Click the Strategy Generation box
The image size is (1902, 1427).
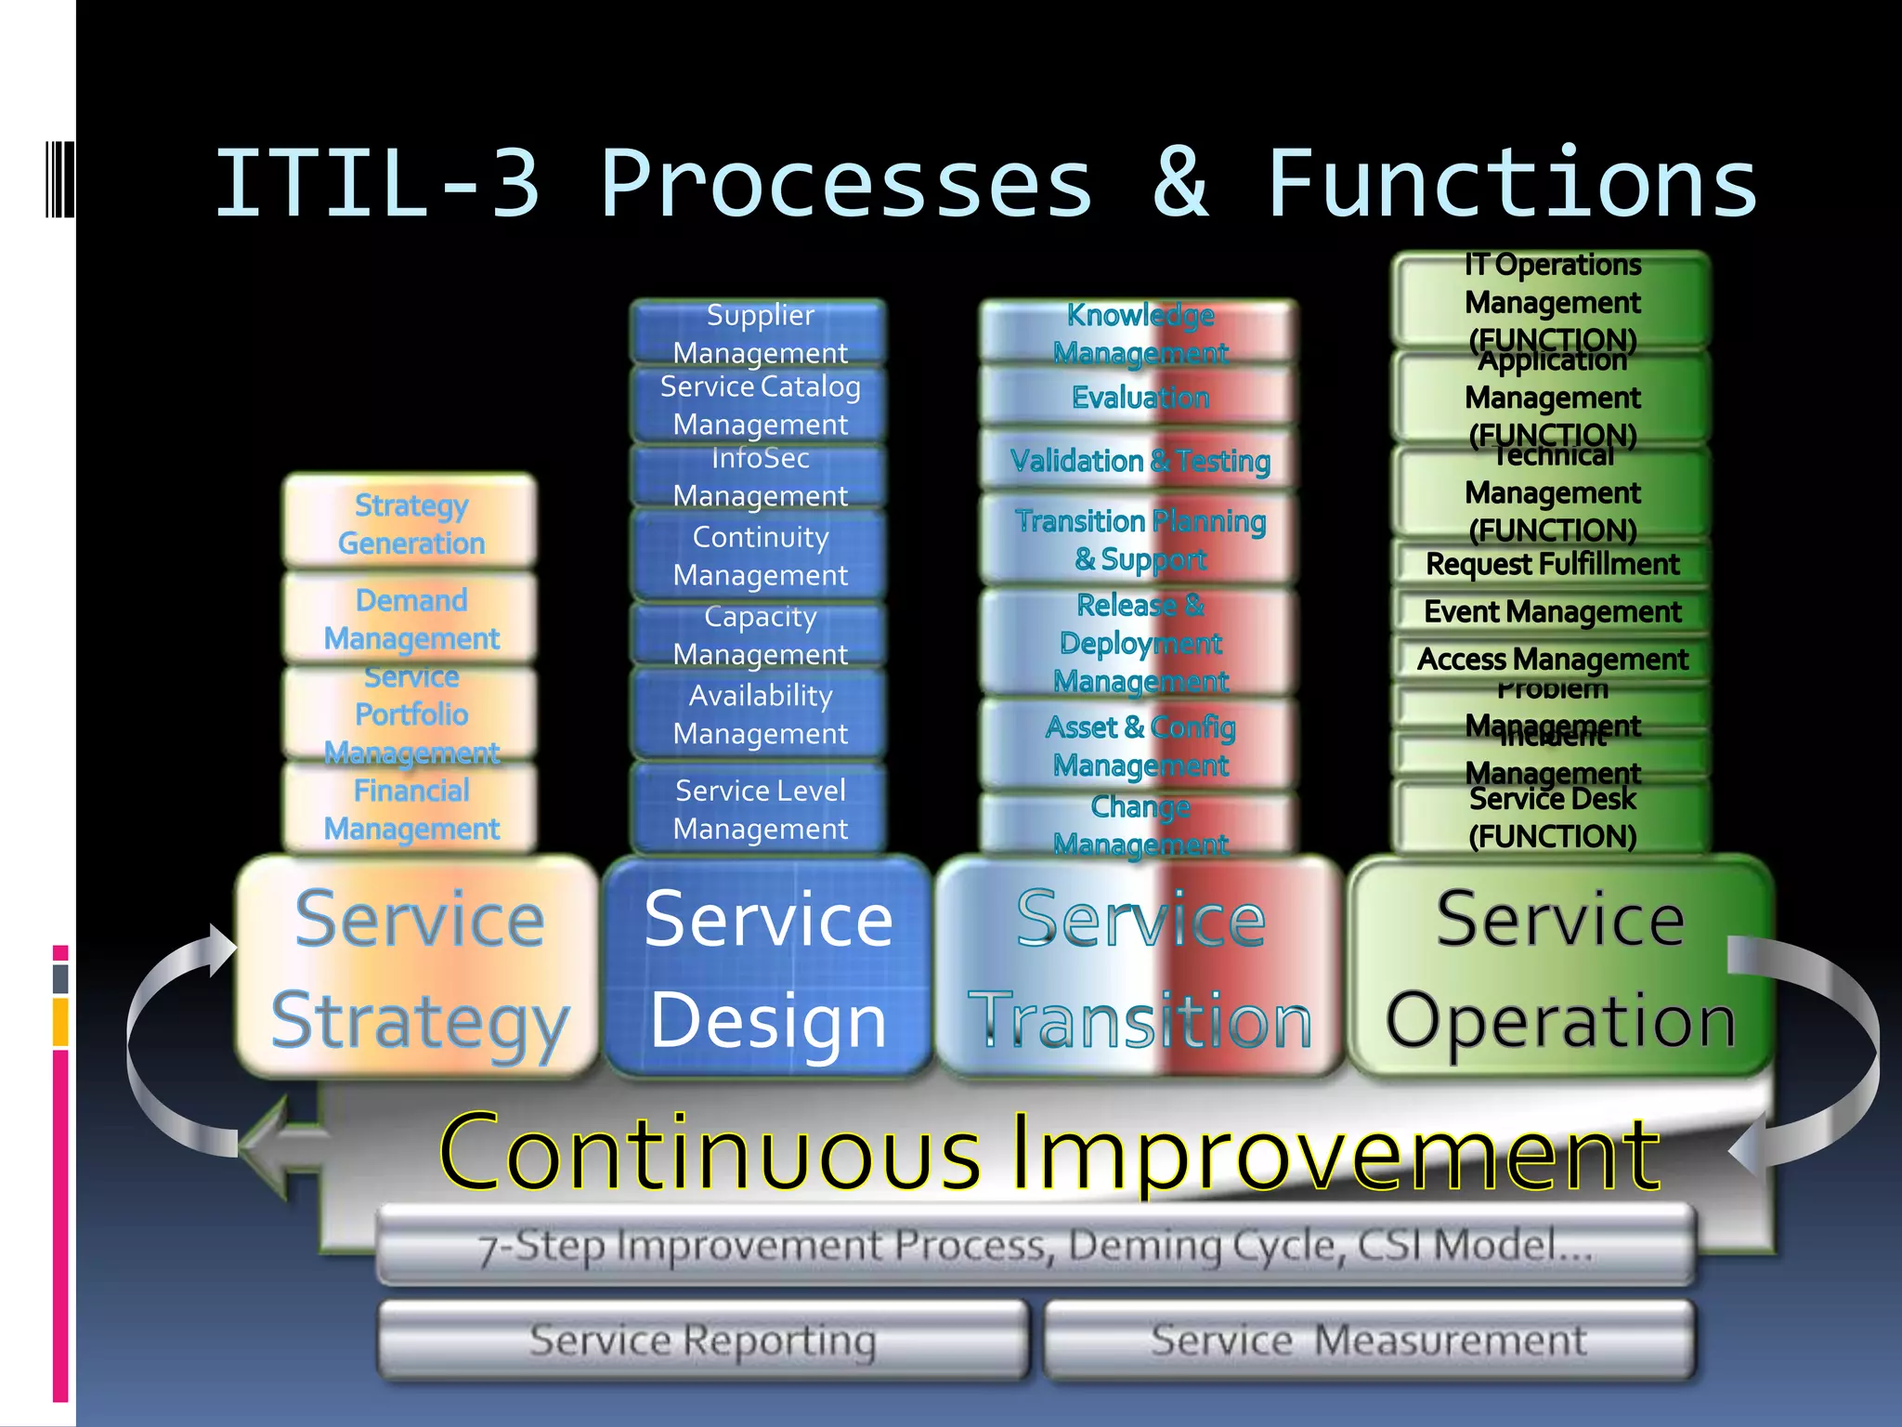[x=410, y=522]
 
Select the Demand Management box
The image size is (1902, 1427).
[x=410, y=618]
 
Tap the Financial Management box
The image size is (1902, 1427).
[x=410, y=808]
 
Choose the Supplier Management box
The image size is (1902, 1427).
[x=760, y=333]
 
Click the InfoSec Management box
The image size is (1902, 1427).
[x=760, y=477]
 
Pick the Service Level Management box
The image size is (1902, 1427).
[x=760, y=808]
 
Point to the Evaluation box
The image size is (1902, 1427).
[x=1140, y=398]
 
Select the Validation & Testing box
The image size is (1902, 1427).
[x=1140, y=460]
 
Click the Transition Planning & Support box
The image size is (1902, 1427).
[x=1140, y=540]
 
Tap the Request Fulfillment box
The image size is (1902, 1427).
[x=1552, y=564]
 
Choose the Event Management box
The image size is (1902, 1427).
[x=1552, y=611]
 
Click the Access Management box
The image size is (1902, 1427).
[x=1552, y=659]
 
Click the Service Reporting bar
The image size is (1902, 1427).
[x=703, y=1340]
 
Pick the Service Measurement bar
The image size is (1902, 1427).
[x=1369, y=1340]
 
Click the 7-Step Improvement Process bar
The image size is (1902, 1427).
[x=1036, y=1245]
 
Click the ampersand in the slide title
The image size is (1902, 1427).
[x=1180, y=183]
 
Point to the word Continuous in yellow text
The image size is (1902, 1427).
[x=710, y=1153]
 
